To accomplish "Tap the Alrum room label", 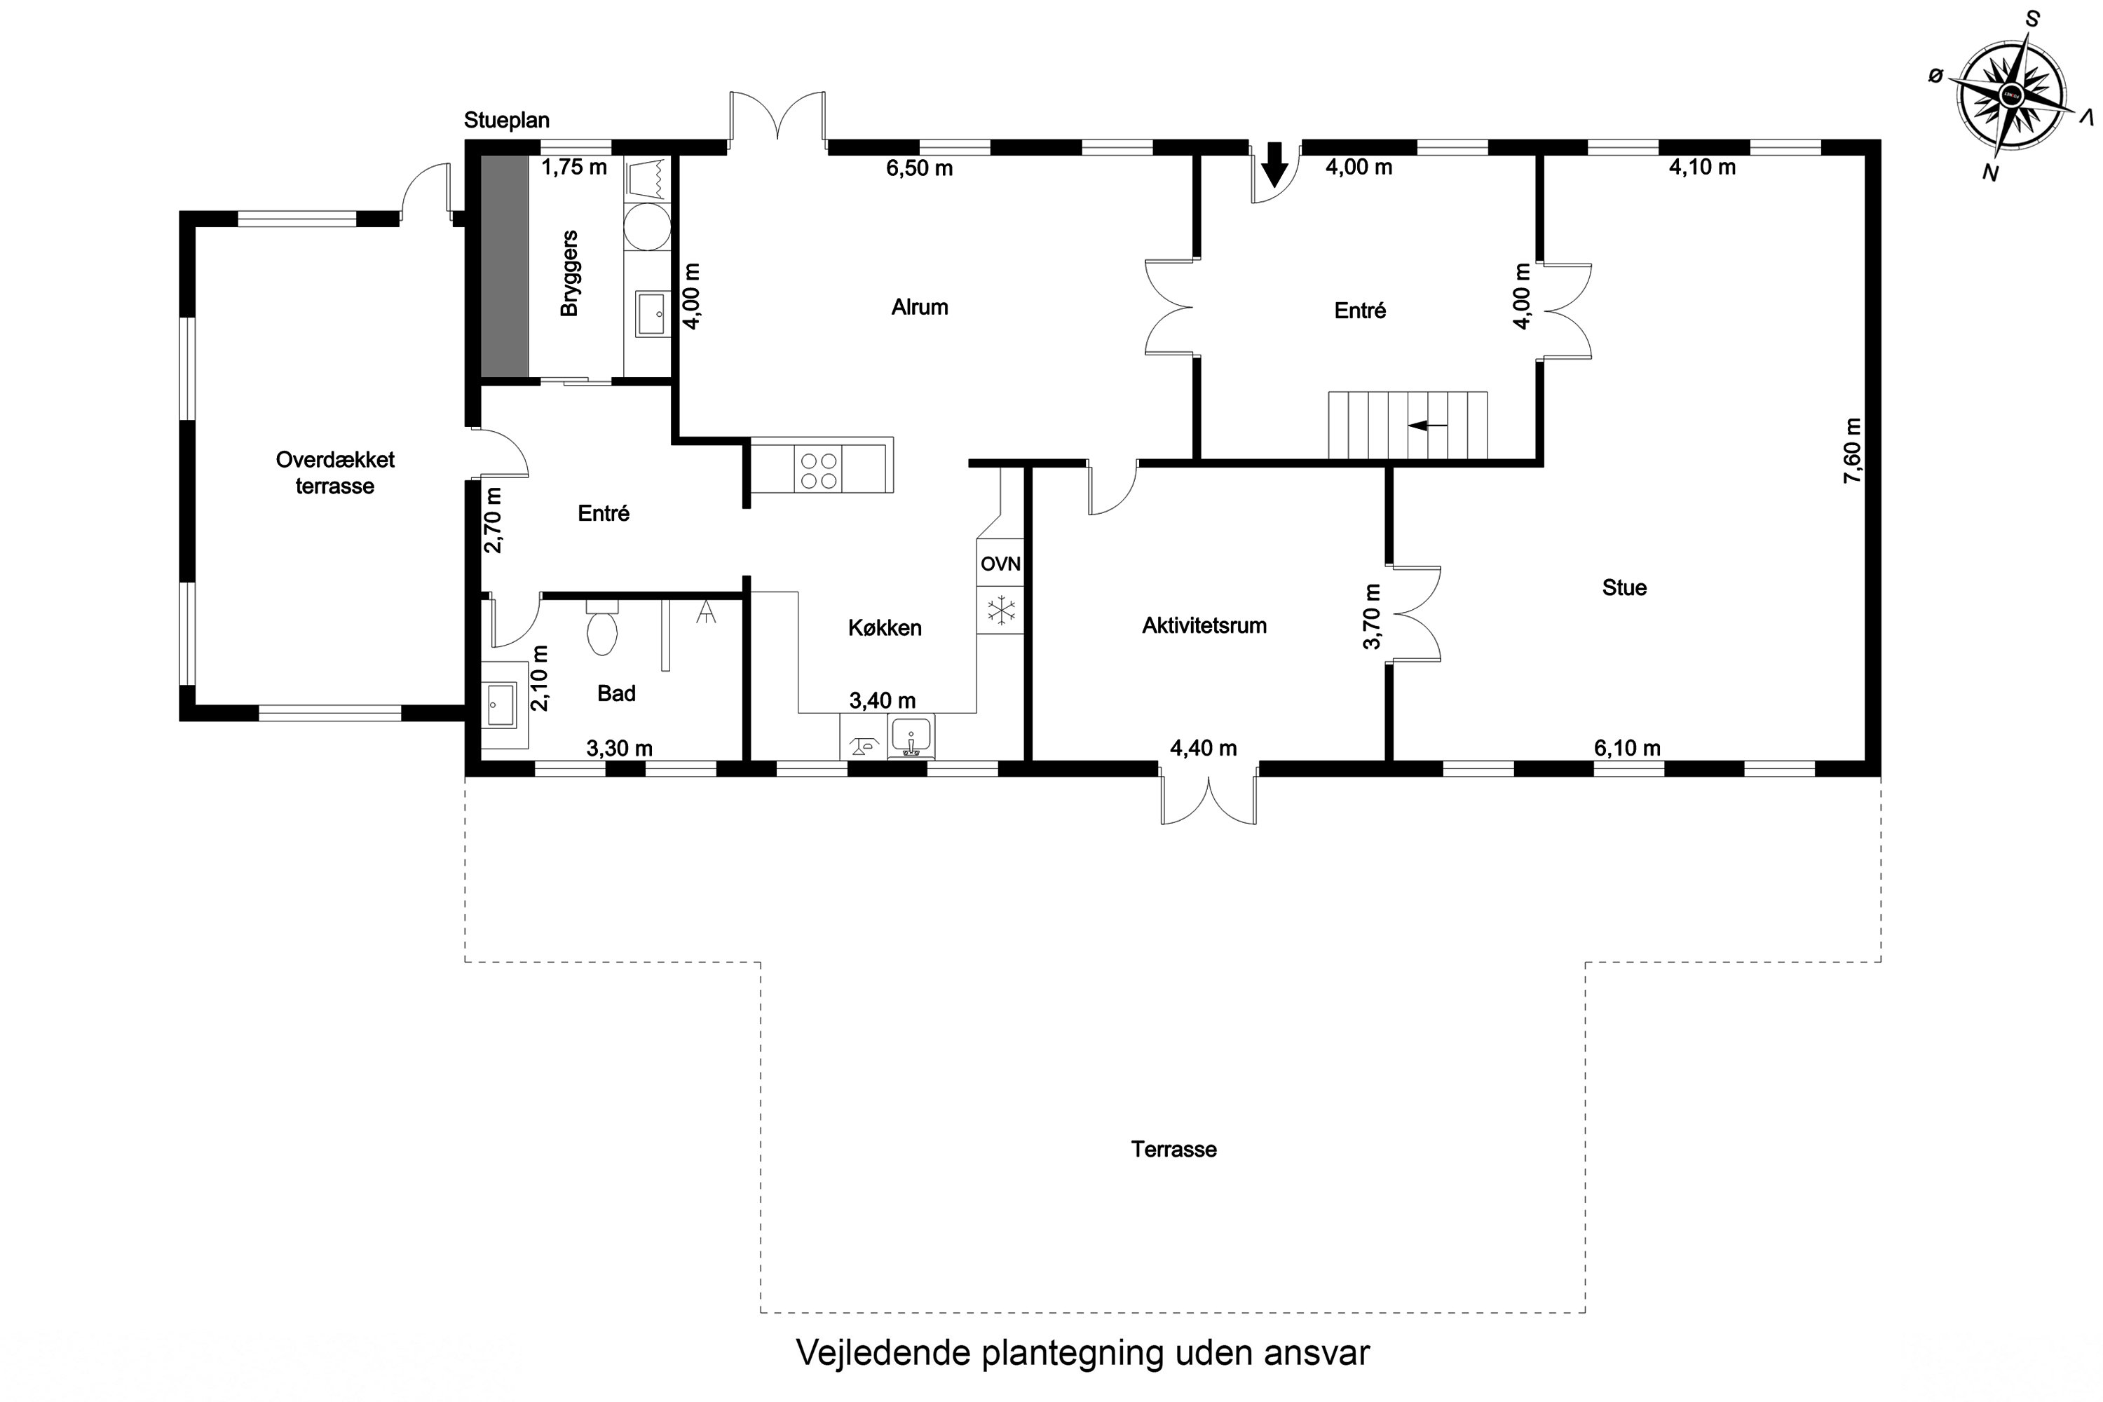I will [919, 308].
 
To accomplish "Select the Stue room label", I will [1624, 588].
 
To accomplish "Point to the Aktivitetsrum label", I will [1204, 626].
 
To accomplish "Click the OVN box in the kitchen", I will [1000, 564].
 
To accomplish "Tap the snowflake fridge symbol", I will [1000, 611].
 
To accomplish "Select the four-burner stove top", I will [819, 470].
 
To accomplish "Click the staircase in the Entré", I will [1408, 426].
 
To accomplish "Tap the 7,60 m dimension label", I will [1852, 451].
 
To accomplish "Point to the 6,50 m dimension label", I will [919, 168].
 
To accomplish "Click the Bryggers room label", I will [569, 273].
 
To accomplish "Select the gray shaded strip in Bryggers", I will [504, 266].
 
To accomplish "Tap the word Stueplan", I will [506, 120].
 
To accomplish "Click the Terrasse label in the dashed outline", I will [1173, 1150].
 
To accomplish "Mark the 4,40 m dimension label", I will [1203, 749].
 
